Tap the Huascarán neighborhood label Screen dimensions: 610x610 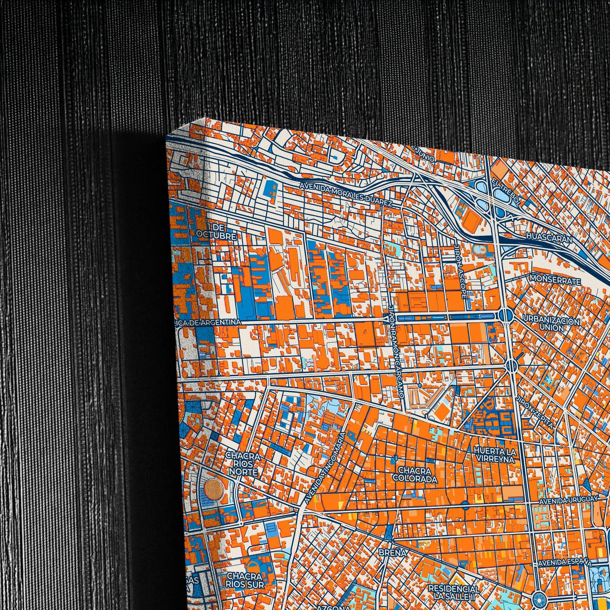[x=549, y=238]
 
